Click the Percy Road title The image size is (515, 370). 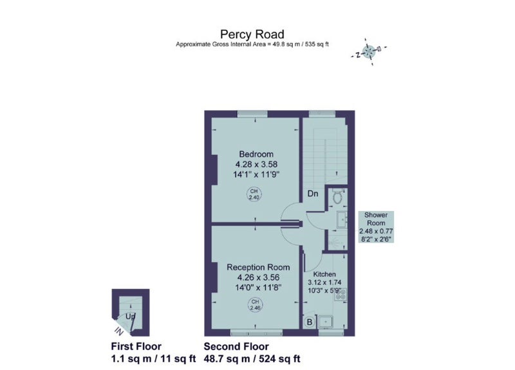[252, 35]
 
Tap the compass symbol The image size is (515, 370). [368, 51]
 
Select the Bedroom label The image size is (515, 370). [256, 154]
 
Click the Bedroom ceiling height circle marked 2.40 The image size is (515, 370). [254, 194]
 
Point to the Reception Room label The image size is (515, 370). [259, 267]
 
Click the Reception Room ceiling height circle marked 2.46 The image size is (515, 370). [255, 304]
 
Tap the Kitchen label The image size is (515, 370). [324, 274]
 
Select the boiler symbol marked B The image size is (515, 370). [310, 322]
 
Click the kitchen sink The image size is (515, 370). [326, 322]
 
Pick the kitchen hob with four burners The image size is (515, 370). [341, 294]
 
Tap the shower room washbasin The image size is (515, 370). [342, 219]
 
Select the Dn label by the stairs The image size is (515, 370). [313, 194]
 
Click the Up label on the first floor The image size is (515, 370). [131, 317]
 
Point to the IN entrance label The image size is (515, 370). [119, 331]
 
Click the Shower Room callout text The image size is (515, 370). [376, 227]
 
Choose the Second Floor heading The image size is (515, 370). [236, 347]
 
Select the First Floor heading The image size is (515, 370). [136, 347]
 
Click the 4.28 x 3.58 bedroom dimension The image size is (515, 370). [256, 164]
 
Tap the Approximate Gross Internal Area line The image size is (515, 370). [252, 44]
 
